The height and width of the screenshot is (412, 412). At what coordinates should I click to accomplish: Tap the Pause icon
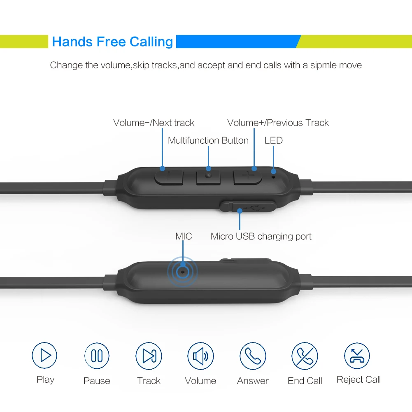point(97,355)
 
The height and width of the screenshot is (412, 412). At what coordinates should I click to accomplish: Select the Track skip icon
point(149,355)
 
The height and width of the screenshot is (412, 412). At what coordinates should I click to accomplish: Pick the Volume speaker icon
point(200,355)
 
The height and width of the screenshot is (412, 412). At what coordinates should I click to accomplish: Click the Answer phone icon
point(253,356)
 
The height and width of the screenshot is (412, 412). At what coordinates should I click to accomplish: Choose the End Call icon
point(305,356)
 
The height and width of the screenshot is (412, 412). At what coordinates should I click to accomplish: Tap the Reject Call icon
point(357,356)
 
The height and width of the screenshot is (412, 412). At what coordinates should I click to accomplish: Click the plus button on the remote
point(248,177)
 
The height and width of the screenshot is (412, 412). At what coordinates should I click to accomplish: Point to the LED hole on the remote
point(273,176)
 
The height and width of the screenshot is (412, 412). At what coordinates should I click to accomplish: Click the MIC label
point(184,236)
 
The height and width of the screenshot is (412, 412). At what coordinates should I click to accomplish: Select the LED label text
point(273,140)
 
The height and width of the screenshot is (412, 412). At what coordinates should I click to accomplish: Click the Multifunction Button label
point(208,140)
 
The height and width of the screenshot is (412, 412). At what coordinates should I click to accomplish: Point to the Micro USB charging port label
point(261,236)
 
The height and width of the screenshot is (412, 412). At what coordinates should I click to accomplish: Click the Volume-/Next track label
point(154,123)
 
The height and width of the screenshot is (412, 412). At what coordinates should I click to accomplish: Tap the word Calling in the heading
point(151,42)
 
